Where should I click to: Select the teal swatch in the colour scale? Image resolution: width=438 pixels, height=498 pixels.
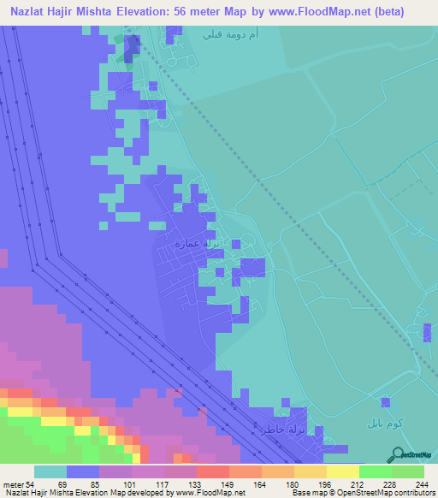(x=50, y=472)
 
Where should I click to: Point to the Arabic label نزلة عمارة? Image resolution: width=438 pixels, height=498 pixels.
(x=198, y=244)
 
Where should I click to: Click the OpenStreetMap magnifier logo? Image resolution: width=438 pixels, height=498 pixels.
(x=397, y=453)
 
